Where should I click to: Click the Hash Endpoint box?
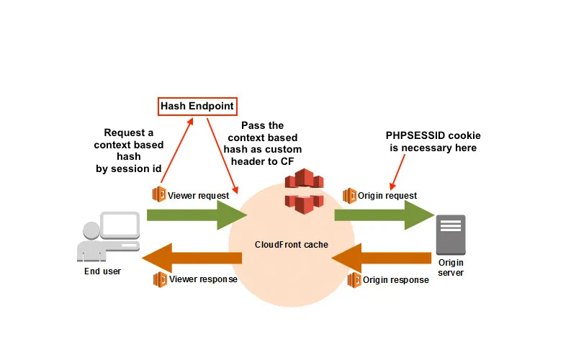point(197,106)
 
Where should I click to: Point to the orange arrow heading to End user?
point(191,258)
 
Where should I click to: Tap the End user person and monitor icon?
point(107,238)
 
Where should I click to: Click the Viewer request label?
point(198,195)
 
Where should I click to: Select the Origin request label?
point(388,195)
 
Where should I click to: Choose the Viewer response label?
point(202,279)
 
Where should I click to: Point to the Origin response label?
point(396,279)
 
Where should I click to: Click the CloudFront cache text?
point(292,245)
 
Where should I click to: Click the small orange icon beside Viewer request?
point(159,194)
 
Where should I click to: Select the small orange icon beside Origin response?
point(354,279)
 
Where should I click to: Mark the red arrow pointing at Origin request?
point(398,171)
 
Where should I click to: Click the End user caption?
point(103,271)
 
